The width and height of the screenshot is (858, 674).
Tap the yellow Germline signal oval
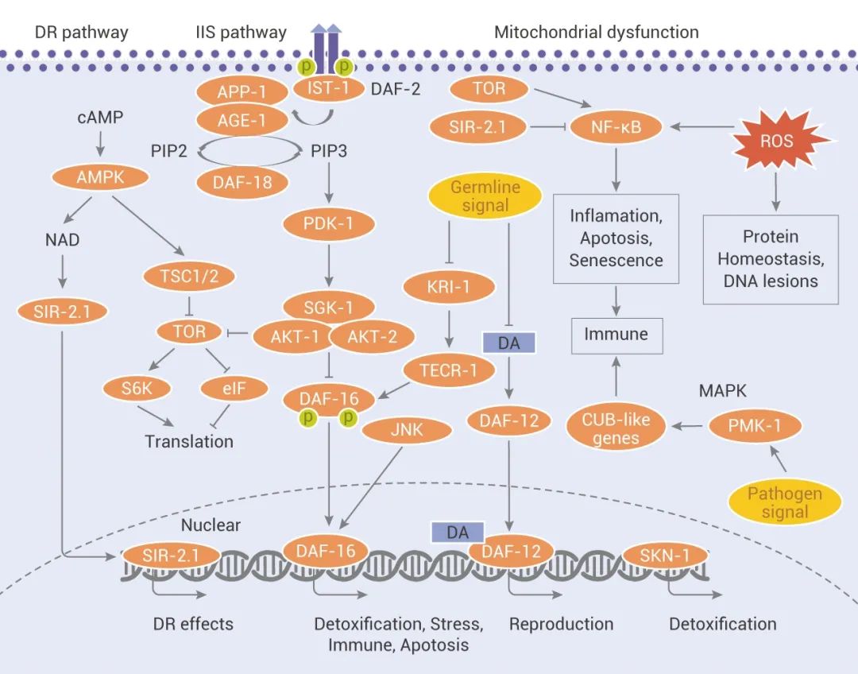(485, 197)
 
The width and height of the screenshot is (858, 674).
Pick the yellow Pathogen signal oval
(784, 502)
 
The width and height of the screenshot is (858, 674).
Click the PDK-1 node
(328, 224)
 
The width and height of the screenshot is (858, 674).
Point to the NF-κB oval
(616, 126)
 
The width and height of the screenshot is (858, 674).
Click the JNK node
(407, 432)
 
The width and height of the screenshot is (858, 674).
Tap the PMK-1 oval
(755, 427)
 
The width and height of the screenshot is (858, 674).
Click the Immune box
(616, 335)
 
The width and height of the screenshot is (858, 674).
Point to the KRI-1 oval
(449, 287)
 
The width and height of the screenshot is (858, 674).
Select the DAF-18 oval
(242, 183)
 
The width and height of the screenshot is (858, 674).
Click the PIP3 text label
(327, 151)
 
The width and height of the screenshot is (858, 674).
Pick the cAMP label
(100, 118)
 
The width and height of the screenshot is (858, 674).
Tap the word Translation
(189, 441)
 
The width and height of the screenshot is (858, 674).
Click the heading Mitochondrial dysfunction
(596, 33)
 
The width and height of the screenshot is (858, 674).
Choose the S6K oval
(132, 389)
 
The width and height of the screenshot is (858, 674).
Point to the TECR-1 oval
(449, 370)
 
